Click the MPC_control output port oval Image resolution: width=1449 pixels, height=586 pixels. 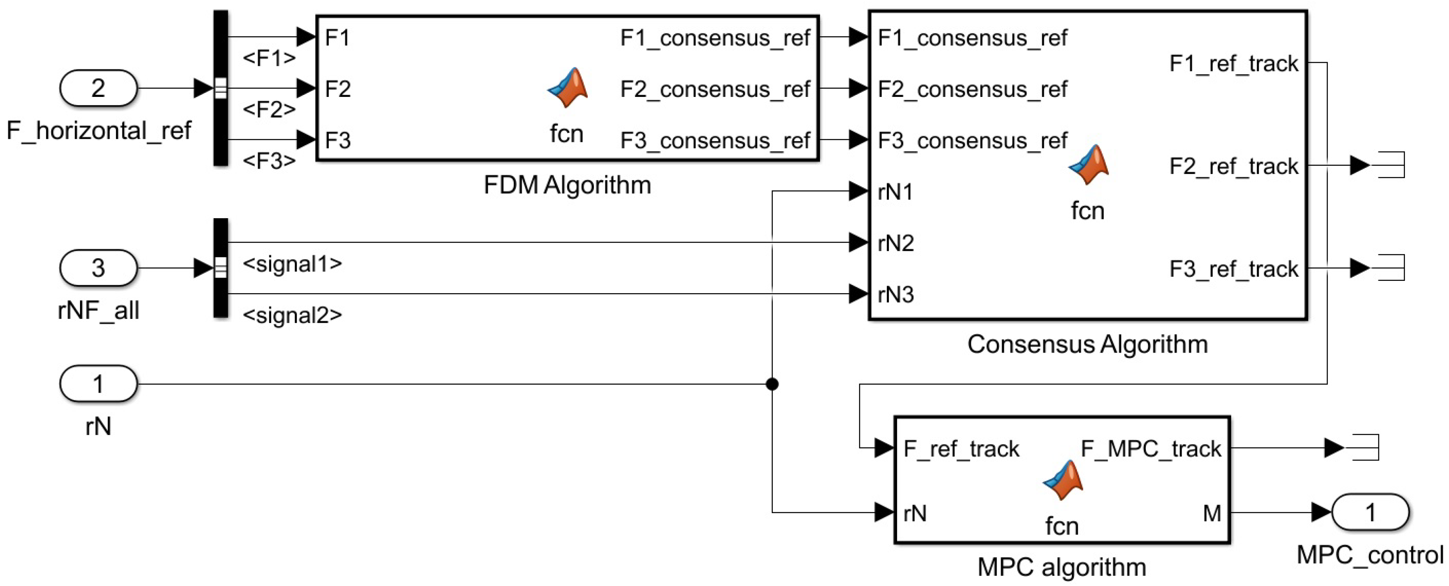pyautogui.click(x=1370, y=512)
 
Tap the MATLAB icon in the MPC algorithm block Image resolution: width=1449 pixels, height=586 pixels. pyautogui.click(x=1062, y=480)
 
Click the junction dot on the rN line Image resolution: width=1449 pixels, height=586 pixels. pyautogui.click(x=772, y=384)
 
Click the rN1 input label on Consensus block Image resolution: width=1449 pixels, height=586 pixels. pyautogui.click(x=895, y=192)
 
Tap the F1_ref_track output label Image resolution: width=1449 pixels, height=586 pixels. pyautogui.click(x=1234, y=64)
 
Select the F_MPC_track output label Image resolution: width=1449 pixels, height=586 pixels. pyautogui.click(x=1151, y=449)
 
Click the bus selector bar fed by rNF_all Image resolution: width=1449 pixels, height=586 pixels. pyautogui.click(x=221, y=268)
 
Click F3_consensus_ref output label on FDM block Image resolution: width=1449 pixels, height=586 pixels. pyautogui.click(x=715, y=140)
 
